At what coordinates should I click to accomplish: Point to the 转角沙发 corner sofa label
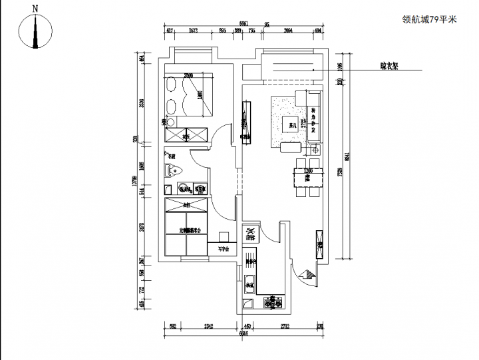point(313,121)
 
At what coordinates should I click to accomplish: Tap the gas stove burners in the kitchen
point(272,304)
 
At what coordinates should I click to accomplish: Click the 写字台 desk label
point(223,250)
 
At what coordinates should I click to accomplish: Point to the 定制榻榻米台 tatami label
point(187,231)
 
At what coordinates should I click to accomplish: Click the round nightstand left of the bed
point(167,122)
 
